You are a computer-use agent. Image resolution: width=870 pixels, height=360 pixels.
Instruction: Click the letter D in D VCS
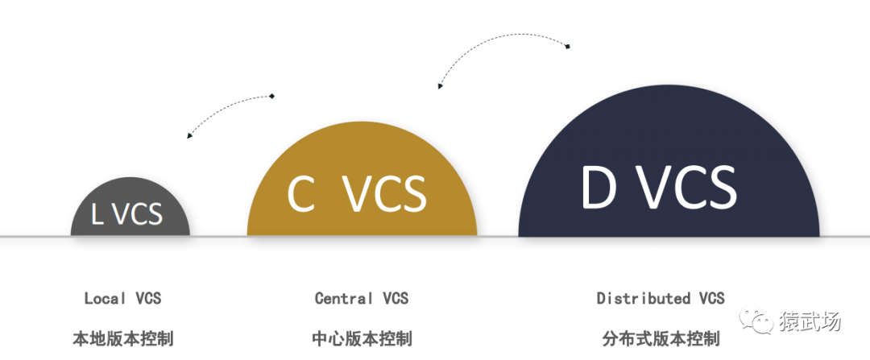[599, 188]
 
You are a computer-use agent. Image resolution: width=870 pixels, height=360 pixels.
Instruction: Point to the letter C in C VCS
[301, 194]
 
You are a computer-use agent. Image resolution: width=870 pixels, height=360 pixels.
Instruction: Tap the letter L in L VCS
[97, 214]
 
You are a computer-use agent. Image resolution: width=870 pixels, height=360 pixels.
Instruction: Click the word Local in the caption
[106, 298]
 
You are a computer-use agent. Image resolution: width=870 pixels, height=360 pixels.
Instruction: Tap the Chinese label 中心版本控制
[362, 337]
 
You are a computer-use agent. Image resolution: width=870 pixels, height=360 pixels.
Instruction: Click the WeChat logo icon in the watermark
[760, 321]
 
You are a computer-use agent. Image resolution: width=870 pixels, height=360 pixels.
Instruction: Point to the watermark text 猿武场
[810, 321]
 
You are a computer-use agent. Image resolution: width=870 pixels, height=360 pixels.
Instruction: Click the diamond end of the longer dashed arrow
[568, 47]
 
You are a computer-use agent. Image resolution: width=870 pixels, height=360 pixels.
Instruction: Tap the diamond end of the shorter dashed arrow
[272, 97]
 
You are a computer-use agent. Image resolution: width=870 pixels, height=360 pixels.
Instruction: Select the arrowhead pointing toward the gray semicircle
[189, 135]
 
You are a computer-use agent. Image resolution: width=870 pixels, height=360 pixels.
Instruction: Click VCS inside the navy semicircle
[695, 188]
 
